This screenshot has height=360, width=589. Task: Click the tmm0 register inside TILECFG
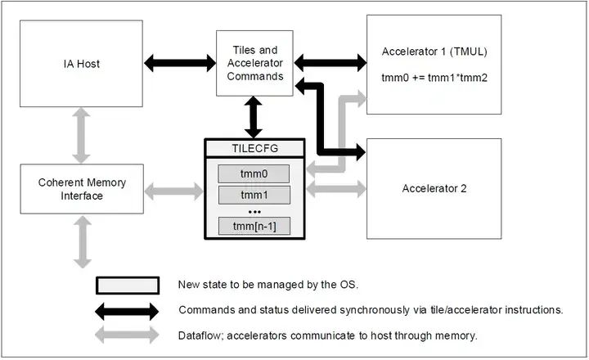point(253,173)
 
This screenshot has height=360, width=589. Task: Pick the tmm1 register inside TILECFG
point(253,196)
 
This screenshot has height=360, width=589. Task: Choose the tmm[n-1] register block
point(253,225)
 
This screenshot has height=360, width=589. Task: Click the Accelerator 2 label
point(434,189)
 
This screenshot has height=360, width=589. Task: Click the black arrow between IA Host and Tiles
point(179,61)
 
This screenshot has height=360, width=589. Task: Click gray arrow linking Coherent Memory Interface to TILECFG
point(174,191)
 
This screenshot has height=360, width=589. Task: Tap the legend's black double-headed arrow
point(128,311)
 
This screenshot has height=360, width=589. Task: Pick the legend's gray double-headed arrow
point(128,335)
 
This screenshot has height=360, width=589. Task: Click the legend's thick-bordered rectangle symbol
point(128,285)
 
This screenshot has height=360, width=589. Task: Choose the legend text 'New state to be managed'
point(245,285)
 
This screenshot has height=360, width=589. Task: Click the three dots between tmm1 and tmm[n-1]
point(253,211)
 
